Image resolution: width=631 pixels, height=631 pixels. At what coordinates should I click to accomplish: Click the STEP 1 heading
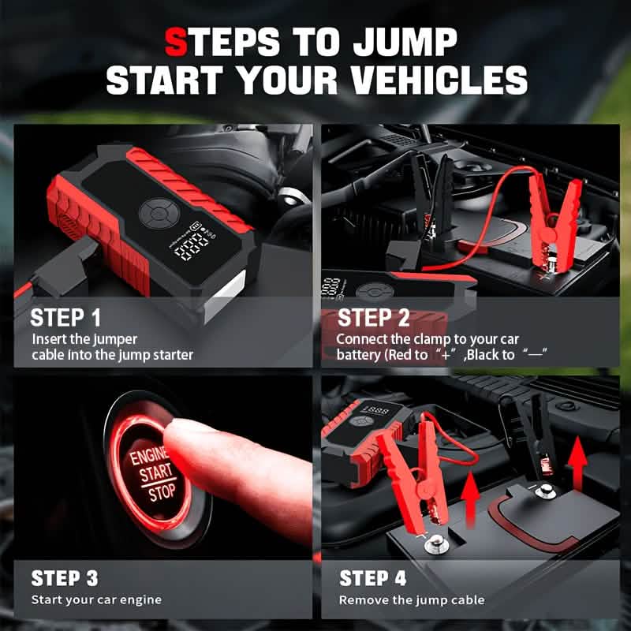65,319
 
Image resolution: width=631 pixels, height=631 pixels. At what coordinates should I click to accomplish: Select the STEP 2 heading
374,319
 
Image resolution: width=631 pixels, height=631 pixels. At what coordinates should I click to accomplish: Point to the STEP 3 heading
65,578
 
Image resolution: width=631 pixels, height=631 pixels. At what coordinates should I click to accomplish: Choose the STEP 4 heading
373,578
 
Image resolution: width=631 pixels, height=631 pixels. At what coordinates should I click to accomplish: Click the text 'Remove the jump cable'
412,600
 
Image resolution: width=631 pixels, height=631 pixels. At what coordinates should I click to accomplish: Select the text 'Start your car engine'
96,600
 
